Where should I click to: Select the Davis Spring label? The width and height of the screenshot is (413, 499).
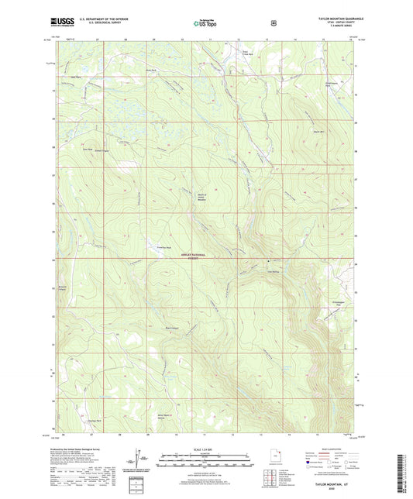273,270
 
